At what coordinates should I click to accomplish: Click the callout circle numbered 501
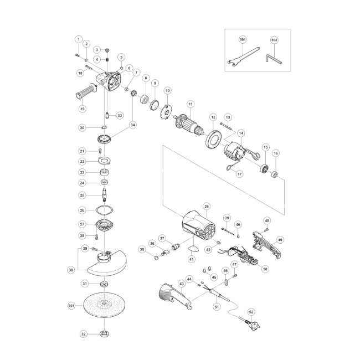pos(243,40)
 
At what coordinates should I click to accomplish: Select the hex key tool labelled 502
pos(273,59)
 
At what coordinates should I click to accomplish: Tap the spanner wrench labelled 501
pos(243,56)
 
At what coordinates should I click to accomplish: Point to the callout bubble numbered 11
pos(191,104)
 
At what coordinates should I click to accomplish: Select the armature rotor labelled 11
pos(189,125)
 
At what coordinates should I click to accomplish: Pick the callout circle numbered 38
pos(207,207)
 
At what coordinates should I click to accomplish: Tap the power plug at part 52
pos(251,323)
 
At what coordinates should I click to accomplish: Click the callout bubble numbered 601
pos(71,306)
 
